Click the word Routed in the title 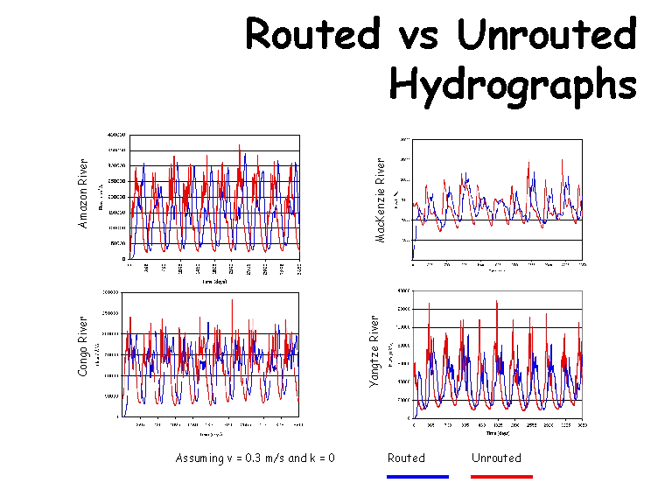pos(313,35)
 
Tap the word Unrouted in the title pos(545,35)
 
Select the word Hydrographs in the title pos(512,85)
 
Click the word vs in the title pos(417,37)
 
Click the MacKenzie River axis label pos(381,201)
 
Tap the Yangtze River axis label pos(374,351)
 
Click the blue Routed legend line pos(417,477)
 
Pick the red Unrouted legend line pos(501,477)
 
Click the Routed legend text pos(406,458)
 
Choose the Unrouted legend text pos(496,458)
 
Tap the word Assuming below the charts pos(200,458)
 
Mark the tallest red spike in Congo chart pos(233,301)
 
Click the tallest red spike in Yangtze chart pos(497,302)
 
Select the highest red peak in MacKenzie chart pos(562,160)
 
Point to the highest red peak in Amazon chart pos(239,146)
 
